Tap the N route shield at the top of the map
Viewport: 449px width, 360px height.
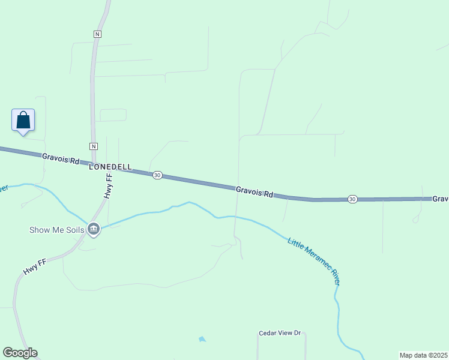click(x=97, y=34)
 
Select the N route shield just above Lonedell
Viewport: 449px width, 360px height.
click(x=94, y=146)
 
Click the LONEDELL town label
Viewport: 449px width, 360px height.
click(x=110, y=167)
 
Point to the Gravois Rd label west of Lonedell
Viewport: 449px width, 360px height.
click(x=61, y=159)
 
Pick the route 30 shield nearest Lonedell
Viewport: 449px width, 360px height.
click(x=157, y=175)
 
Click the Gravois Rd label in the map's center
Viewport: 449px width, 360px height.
click(x=255, y=191)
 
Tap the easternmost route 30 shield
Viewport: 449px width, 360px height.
click(x=352, y=199)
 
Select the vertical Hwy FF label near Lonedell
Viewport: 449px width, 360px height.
click(x=109, y=187)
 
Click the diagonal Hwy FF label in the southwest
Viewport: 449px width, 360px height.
click(x=35, y=267)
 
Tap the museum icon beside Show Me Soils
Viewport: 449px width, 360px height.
click(x=94, y=229)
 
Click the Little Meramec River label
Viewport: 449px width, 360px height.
click(x=315, y=261)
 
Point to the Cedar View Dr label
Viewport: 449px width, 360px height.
click(x=279, y=334)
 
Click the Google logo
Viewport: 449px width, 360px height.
click(x=20, y=353)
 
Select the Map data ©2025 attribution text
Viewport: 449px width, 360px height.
click(x=423, y=355)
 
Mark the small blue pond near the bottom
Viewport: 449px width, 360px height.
click(x=202, y=340)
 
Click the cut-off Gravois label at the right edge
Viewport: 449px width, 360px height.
click(x=441, y=199)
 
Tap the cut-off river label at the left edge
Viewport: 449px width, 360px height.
click(x=3, y=188)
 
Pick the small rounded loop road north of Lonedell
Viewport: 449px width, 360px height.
click(x=113, y=115)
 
